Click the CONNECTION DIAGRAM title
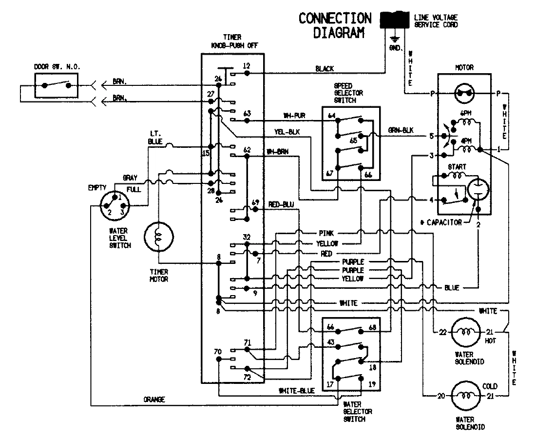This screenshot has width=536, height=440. [335, 25]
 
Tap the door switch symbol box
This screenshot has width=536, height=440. [56, 85]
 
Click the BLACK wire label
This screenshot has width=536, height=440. [325, 69]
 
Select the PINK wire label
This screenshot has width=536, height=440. [325, 233]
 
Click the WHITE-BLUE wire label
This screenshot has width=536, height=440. [297, 391]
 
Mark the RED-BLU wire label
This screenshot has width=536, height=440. [281, 204]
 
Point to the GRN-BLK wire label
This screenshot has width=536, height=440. [400, 131]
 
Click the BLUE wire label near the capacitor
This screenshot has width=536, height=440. [451, 288]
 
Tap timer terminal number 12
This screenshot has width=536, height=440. [246, 65]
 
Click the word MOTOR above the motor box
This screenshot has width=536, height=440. [463, 67]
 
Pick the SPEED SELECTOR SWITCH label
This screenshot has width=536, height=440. [348, 92]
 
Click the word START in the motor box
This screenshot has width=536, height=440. [458, 167]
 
